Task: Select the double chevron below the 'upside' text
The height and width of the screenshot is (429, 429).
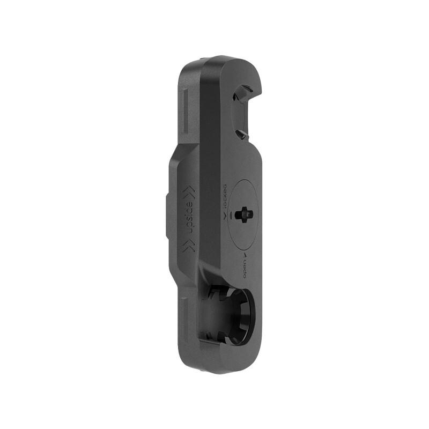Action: coord(189,246)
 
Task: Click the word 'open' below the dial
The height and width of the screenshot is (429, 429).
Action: coord(245,267)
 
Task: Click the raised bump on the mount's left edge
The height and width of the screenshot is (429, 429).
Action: coord(168,220)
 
